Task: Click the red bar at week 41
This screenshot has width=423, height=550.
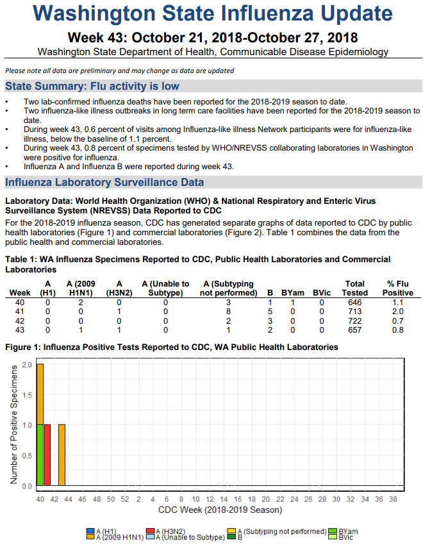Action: tap(47, 454)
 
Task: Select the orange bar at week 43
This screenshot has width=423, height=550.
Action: tap(62, 454)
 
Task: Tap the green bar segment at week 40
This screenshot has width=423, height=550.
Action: tap(40, 454)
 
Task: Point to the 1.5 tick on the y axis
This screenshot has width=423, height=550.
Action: tap(28, 395)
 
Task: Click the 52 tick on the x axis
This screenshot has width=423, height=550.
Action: tap(124, 499)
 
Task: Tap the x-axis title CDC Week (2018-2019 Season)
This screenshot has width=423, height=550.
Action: tap(219, 510)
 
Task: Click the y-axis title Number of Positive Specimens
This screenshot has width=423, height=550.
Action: tap(13, 424)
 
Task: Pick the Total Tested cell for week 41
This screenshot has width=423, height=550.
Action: tap(355, 312)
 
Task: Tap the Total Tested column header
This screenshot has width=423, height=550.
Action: tap(355, 288)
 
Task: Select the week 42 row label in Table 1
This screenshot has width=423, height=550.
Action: tap(20, 321)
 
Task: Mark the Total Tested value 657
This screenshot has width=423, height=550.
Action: tap(355, 329)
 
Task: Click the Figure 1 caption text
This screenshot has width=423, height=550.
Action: tap(171, 347)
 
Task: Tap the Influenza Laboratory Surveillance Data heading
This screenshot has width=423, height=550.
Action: tap(104, 183)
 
